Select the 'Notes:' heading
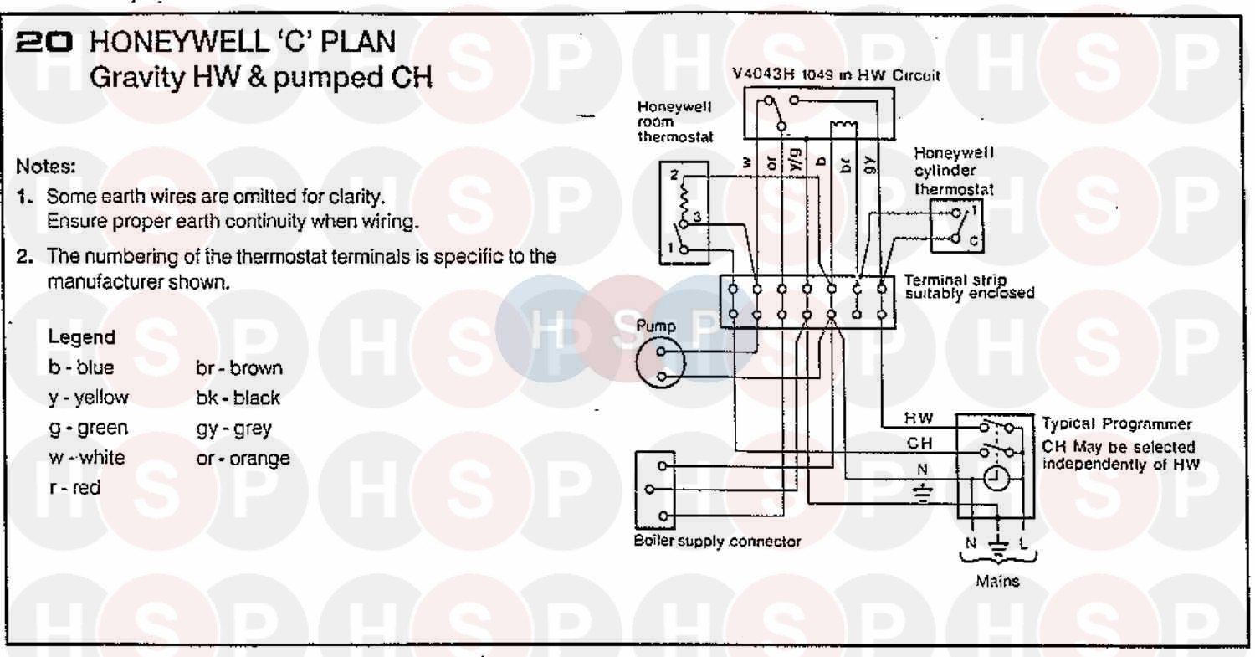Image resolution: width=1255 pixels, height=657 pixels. point(46,166)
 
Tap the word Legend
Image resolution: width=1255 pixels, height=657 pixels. point(81,337)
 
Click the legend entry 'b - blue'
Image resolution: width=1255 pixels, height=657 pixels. point(81,367)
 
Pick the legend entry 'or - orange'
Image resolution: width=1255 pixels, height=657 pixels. point(243,459)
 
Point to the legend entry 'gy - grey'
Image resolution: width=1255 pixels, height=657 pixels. point(233,429)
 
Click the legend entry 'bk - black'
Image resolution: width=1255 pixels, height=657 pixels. point(238,398)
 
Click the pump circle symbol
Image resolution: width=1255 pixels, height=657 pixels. point(660,364)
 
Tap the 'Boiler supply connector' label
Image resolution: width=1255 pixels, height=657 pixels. point(717,542)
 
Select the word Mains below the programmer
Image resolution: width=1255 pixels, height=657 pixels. point(997,581)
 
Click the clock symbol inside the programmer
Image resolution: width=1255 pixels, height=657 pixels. point(996,478)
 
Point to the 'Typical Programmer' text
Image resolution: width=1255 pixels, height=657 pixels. point(1116,424)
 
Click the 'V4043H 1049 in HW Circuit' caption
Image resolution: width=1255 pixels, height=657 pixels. point(836,75)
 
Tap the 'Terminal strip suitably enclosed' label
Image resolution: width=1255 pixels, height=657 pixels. point(969,286)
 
